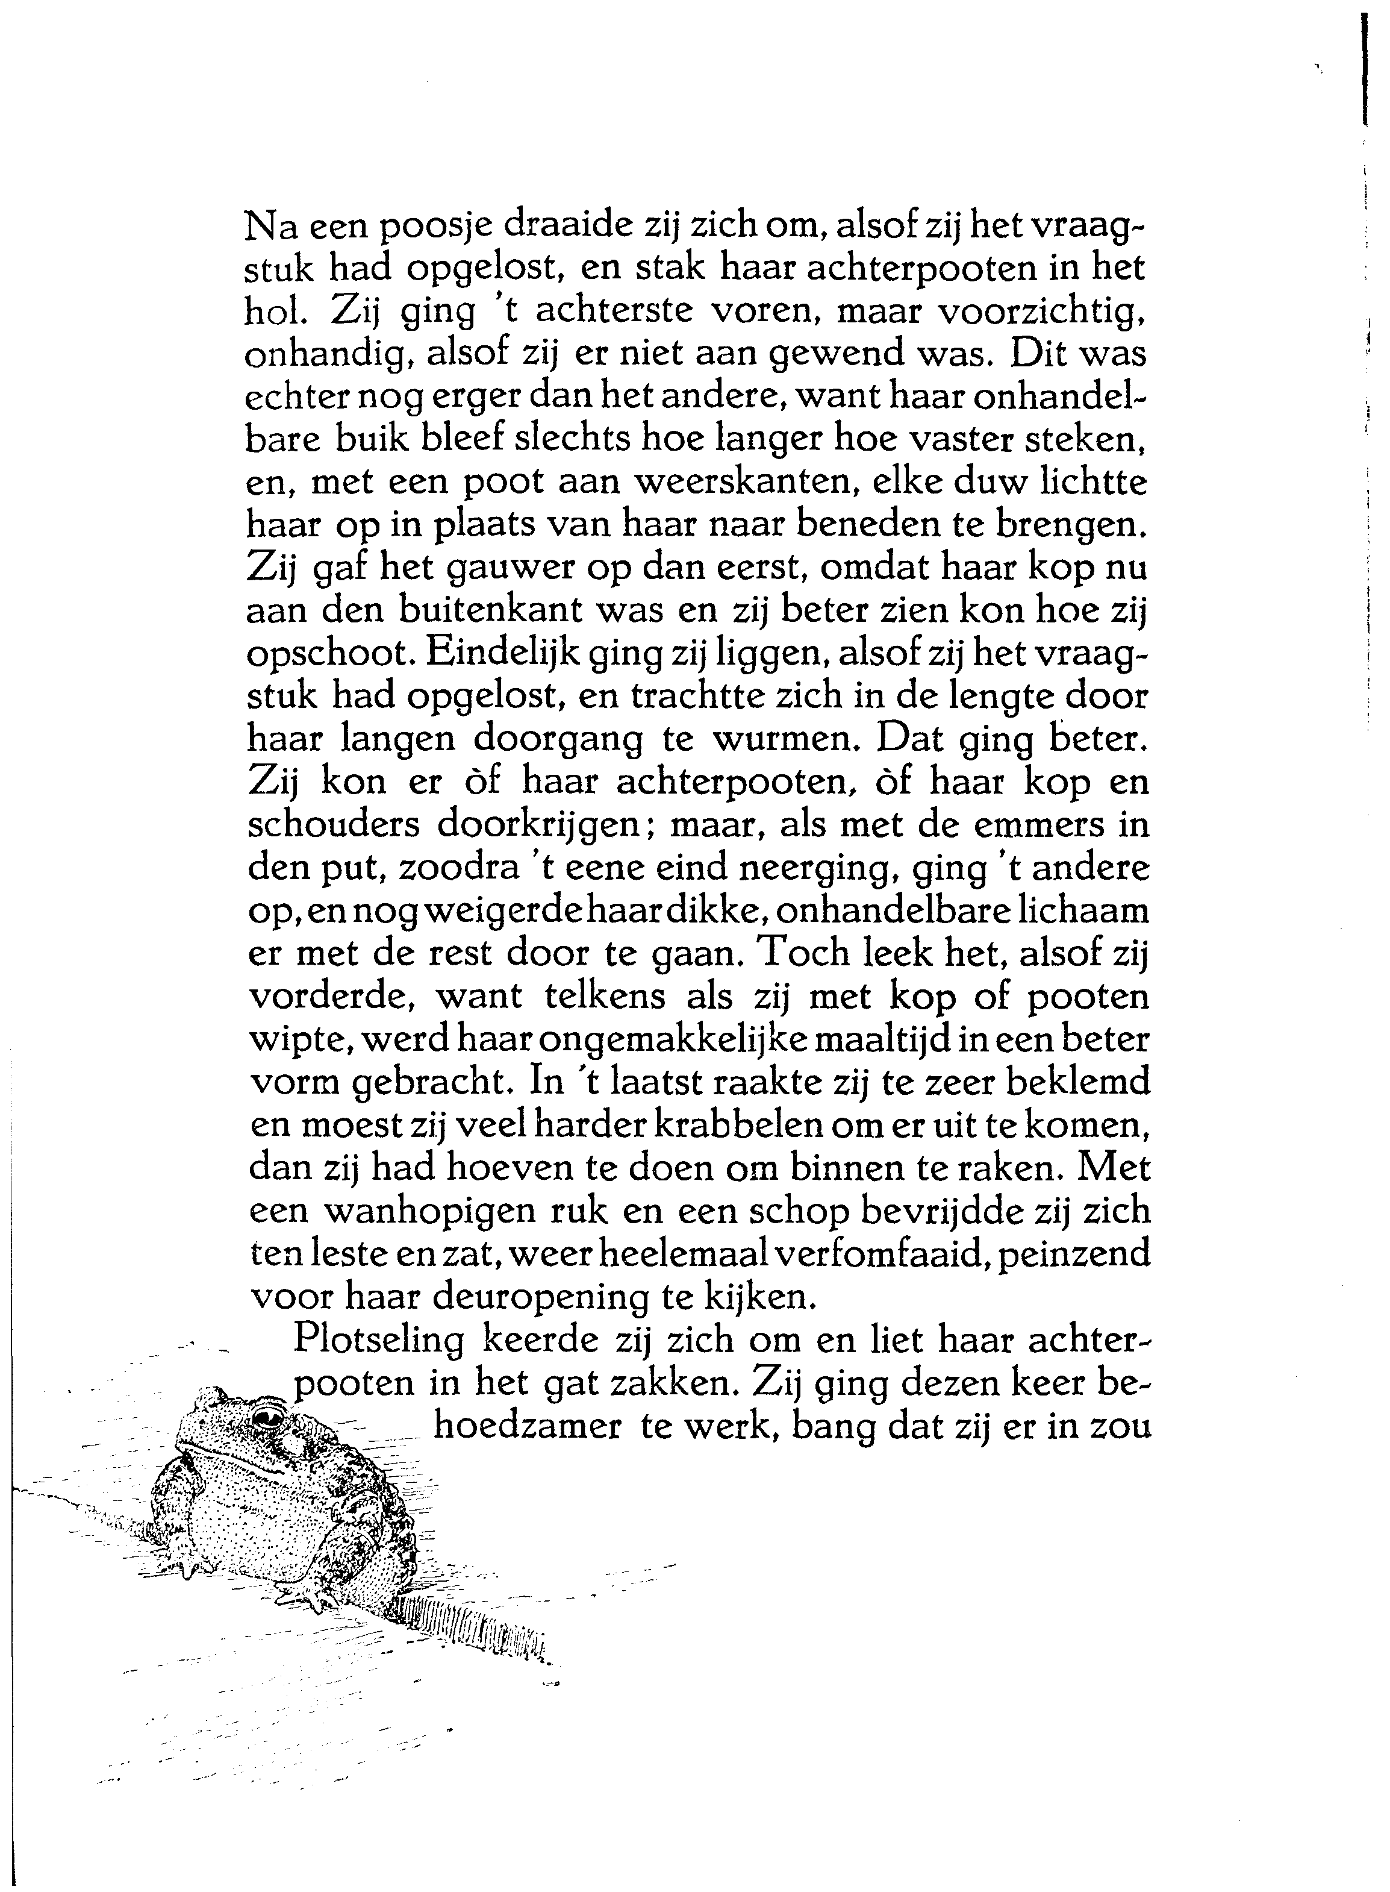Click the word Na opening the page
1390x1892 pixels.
[269, 227]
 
